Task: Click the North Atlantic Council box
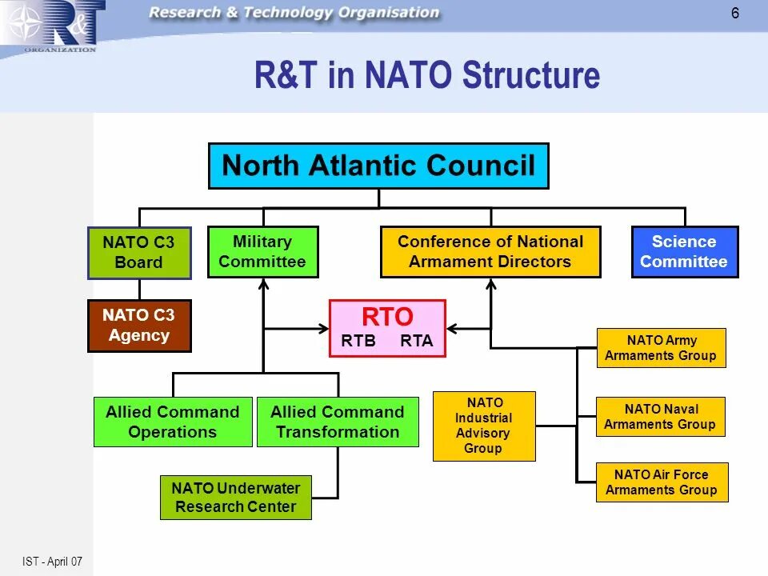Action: point(378,166)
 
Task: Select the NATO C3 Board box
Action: point(139,252)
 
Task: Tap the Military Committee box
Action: point(262,251)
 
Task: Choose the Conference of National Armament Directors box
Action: point(490,251)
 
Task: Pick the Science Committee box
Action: point(684,251)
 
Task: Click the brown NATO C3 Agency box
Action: point(139,326)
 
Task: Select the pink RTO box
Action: point(387,328)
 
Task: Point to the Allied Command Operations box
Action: point(173,422)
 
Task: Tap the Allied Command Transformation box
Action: point(338,422)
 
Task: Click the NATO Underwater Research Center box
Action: point(236,497)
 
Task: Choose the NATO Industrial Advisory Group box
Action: point(484,426)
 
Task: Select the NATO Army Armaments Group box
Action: point(661,348)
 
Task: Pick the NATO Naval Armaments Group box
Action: point(661,417)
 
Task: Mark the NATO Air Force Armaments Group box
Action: point(662,482)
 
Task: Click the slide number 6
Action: point(735,13)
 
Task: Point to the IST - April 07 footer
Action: point(53,562)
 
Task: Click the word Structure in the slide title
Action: point(531,76)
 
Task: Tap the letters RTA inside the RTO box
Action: point(416,341)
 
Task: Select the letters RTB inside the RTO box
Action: point(358,341)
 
